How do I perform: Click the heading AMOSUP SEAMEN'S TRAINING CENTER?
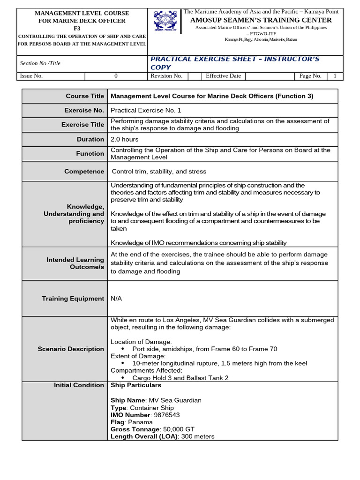(x=261, y=20)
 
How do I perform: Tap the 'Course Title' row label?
(x=84, y=96)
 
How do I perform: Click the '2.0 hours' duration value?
(x=124, y=139)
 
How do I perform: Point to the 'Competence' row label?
(x=84, y=172)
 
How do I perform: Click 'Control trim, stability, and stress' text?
(x=158, y=172)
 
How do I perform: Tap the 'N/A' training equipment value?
(x=116, y=299)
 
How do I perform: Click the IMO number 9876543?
(x=165, y=415)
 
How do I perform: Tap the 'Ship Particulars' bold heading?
(x=135, y=385)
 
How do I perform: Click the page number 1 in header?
(x=335, y=76)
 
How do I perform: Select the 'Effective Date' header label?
(x=223, y=76)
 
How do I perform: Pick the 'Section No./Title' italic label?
(x=40, y=63)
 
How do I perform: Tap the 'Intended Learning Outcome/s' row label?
(x=75, y=263)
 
